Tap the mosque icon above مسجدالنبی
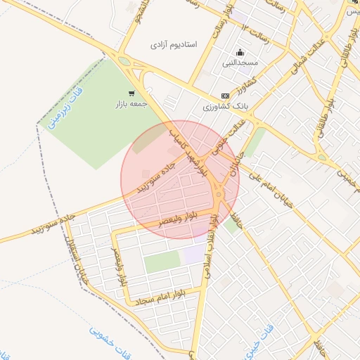coord(241,52)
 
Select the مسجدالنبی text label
coord(241,63)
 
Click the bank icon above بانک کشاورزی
coord(225,96)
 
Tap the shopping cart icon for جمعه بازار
coord(131,93)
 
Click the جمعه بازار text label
coord(132,104)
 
